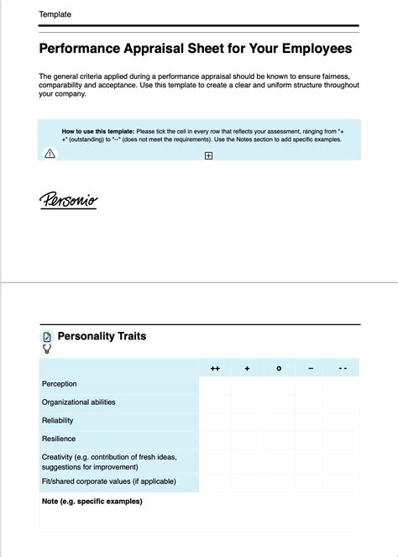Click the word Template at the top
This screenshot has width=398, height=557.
coord(55,14)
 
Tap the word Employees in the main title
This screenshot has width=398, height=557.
coord(306,49)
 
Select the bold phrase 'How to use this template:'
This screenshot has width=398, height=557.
coord(98,132)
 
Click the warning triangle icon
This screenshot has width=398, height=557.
coord(50,153)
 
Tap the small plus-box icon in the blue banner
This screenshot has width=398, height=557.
coord(208,155)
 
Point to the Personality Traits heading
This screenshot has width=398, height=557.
coord(102,336)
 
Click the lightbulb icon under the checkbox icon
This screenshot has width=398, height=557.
coord(47,348)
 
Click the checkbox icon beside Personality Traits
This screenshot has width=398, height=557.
coord(47,336)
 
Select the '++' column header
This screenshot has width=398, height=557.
coord(215,368)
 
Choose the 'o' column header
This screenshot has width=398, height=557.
coord(279,368)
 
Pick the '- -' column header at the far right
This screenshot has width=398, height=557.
coord(343,368)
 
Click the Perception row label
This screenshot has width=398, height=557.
coord(60,384)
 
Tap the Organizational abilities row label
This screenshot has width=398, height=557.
coord(79,402)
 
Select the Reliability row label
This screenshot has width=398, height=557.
coord(58,421)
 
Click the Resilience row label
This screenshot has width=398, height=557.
coord(59,439)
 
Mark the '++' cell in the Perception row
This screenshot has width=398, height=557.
coord(215,385)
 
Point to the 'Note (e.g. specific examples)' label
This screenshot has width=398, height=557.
coord(92,502)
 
